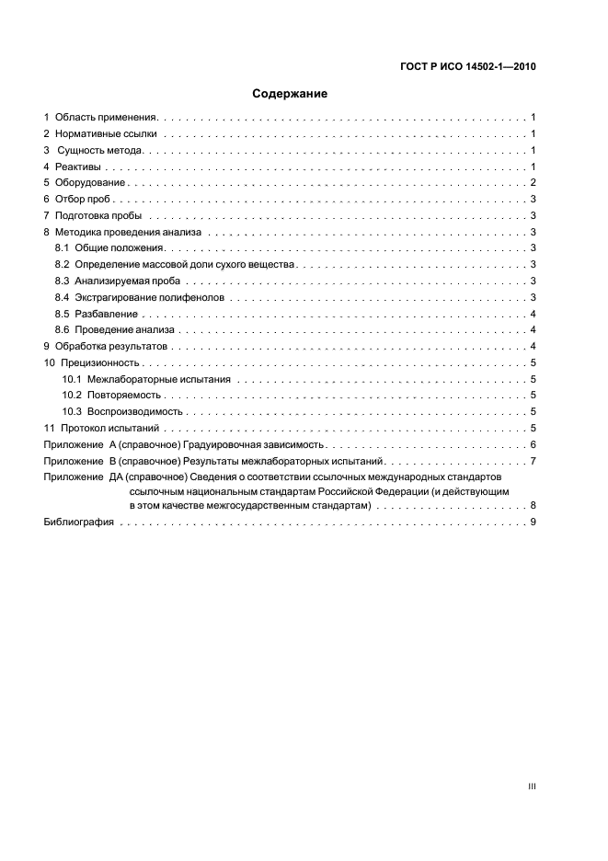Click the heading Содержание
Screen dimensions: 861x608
290,94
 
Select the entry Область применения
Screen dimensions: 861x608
107,118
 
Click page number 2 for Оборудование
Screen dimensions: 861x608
533,183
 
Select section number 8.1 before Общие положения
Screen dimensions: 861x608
62,248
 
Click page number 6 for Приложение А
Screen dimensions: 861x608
533,445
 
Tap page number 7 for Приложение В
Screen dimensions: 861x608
533,461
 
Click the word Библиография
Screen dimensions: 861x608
79,522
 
